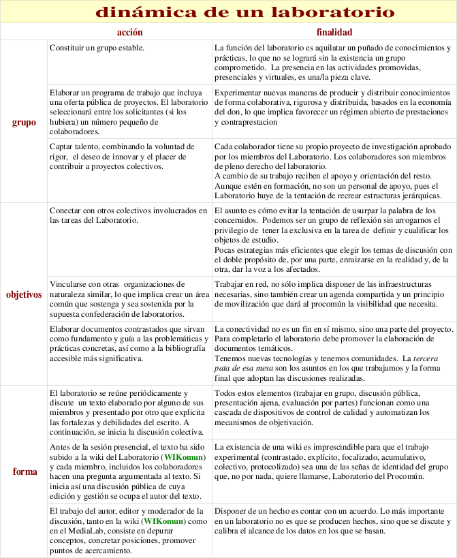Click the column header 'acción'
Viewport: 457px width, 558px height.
129,32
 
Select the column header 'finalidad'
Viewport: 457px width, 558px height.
334,32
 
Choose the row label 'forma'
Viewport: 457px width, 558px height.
25,471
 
